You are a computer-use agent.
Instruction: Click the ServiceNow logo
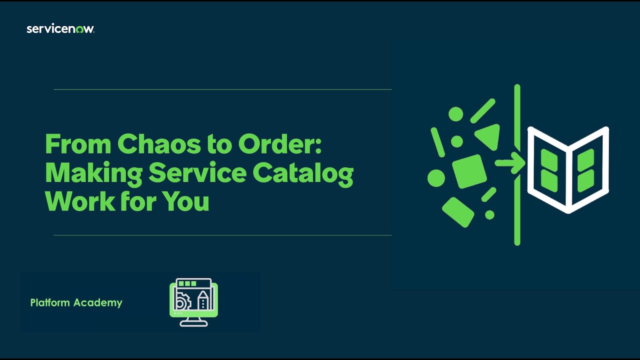click(60, 29)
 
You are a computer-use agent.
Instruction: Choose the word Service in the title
click(197, 173)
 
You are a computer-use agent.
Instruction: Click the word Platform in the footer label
click(50, 302)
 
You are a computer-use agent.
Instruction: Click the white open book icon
click(568, 170)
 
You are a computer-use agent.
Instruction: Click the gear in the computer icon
click(182, 301)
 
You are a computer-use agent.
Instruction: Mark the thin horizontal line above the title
click(222, 89)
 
